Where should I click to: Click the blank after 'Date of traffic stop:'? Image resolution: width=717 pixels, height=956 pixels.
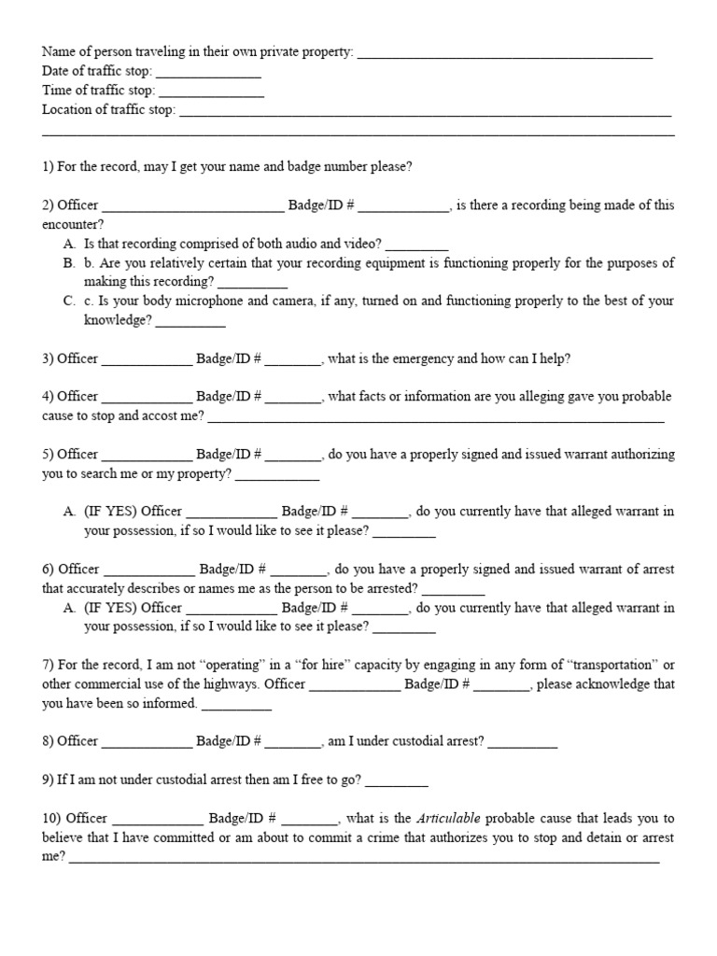click(x=208, y=72)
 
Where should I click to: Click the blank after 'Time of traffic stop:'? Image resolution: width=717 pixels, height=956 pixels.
click(x=211, y=91)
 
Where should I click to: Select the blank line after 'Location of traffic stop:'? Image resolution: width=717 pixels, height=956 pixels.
click(x=425, y=111)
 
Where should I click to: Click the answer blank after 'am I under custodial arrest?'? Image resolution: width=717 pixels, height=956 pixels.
click(x=523, y=742)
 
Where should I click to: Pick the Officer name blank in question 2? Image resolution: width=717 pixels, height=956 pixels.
click(x=192, y=206)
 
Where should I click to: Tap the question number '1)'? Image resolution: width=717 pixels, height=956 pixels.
click(x=48, y=167)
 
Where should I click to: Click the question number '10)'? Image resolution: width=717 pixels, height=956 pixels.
click(x=51, y=819)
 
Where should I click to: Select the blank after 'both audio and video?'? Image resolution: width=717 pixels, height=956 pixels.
click(x=417, y=245)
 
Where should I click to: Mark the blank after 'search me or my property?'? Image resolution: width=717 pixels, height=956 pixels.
click(x=277, y=475)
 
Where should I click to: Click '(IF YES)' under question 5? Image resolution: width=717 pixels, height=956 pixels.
click(x=110, y=512)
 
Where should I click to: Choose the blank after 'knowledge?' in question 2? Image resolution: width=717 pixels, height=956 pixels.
click(x=190, y=321)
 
